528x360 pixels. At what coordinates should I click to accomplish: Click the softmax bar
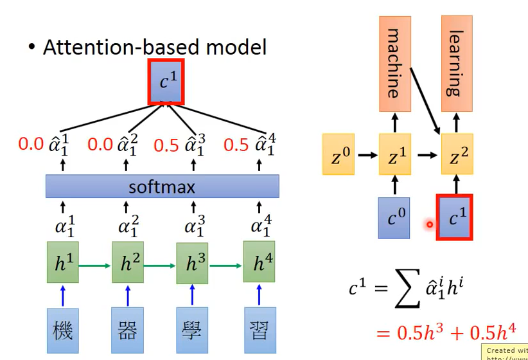pyautogui.click(x=162, y=186)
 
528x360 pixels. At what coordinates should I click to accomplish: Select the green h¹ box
pyautogui.click(x=62, y=263)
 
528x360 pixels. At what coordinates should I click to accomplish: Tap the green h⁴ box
pyautogui.click(x=259, y=263)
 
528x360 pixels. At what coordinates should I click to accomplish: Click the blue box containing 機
pyautogui.click(x=62, y=330)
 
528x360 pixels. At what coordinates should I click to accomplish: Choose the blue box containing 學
pyautogui.click(x=193, y=330)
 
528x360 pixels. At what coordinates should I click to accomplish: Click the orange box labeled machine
pyautogui.click(x=395, y=57)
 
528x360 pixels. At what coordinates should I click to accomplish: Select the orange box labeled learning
pyautogui.click(x=457, y=57)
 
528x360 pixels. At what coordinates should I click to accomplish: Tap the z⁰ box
pyautogui.click(x=339, y=155)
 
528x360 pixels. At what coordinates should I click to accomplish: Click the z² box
pyautogui.click(x=457, y=155)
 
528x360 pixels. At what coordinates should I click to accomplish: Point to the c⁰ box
pyautogui.click(x=394, y=218)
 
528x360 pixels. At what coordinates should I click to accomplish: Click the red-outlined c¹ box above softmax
pyautogui.click(x=166, y=82)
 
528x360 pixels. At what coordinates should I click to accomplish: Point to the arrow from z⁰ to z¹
pyautogui.click(x=367, y=155)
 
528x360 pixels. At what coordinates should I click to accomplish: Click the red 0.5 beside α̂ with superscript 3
pyautogui.click(x=166, y=145)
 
